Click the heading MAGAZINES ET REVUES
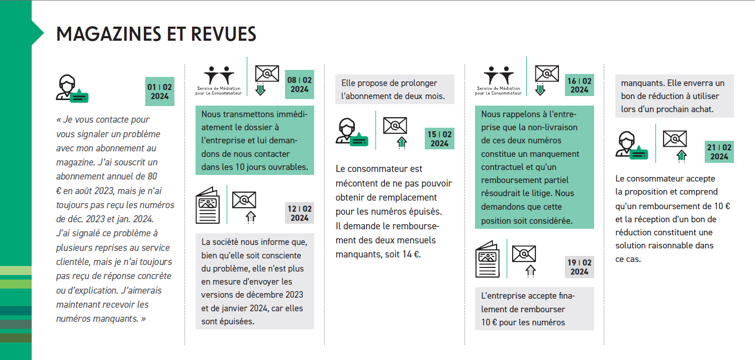pyautogui.click(x=156, y=34)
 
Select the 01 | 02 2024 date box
pyautogui.click(x=160, y=92)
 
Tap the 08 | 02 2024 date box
pyautogui.click(x=300, y=84)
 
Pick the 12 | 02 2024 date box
pyautogui.click(x=300, y=213)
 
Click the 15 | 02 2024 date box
pyautogui.click(x=439, y=139)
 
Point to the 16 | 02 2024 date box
pyautogui.click(x=580, y=85)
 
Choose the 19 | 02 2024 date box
pyautogui.click(x=580, y=267)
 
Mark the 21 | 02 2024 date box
pyautogui.click(x=719, y=152)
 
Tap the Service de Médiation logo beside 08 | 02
pyautogui.click(x=219, y=80)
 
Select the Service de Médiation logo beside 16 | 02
pyautogui.click(x=499, y=80)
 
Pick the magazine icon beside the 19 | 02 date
pyautogui.click(x=488, y=259)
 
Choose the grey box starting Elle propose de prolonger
pyautogui.click(x=395, y=89)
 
